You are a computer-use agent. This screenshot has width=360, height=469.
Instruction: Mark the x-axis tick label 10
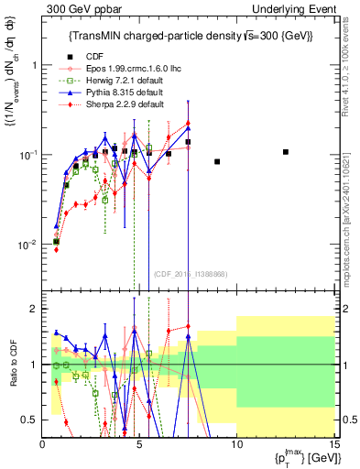236,444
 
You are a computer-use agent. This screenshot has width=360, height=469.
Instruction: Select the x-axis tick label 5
139,444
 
